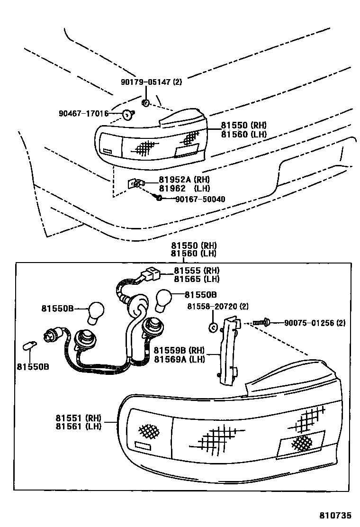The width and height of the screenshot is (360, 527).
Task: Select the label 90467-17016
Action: pyautogui.click(x=83, y=114)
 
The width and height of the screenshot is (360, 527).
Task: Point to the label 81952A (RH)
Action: pyautogui.click(x=178, y=180)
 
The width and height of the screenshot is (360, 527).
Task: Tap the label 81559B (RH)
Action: pyautogui.click(x=179, y=351)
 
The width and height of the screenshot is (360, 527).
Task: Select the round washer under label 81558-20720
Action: pyautogui.click(x=213, y=327)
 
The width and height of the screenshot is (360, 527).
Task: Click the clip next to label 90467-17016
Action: pyautogui.click(x=127, y=114)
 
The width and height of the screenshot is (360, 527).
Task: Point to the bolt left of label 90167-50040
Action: pyautogui.click(x=159, y=197)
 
